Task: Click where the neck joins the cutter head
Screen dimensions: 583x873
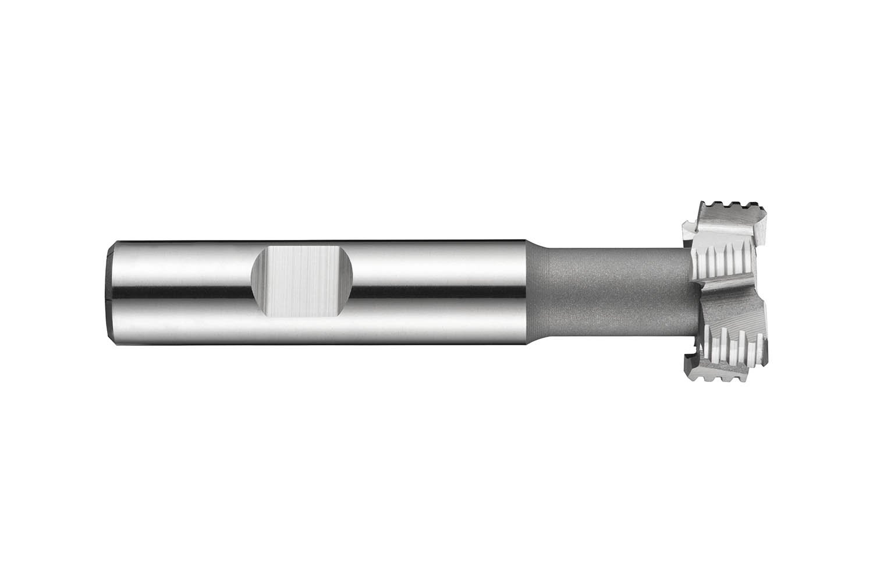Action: point(690,291)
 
